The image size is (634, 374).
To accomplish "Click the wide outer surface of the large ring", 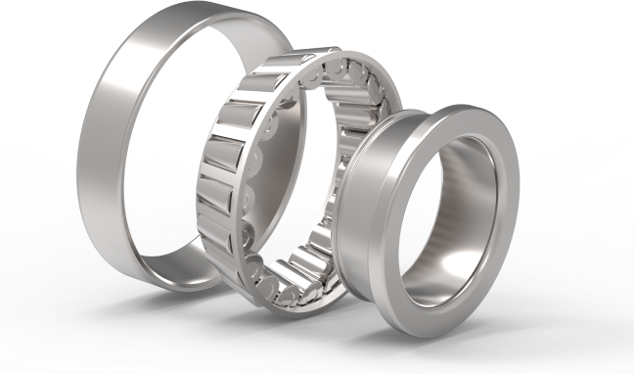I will pyautogui.click(x=98, y=147).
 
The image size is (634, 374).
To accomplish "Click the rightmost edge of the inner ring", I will pyautogui.click(x=517, y=206).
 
